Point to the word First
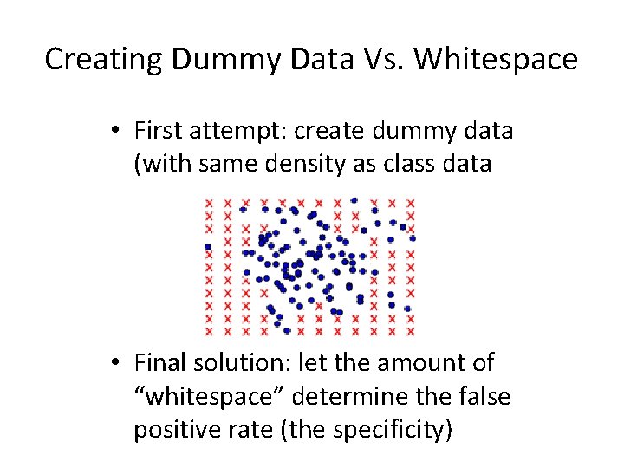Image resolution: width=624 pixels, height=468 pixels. click(158, 131)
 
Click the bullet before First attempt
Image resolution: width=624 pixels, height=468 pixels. click(115, 132)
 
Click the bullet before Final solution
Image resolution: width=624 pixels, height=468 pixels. click(115, 365)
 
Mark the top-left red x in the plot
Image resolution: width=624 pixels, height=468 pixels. click(209, 202)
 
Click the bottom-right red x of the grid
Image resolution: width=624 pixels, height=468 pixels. click(411, 331)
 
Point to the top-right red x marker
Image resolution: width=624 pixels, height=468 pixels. click(411, 202)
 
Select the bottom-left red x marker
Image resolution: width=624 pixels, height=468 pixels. click(209, 331)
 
